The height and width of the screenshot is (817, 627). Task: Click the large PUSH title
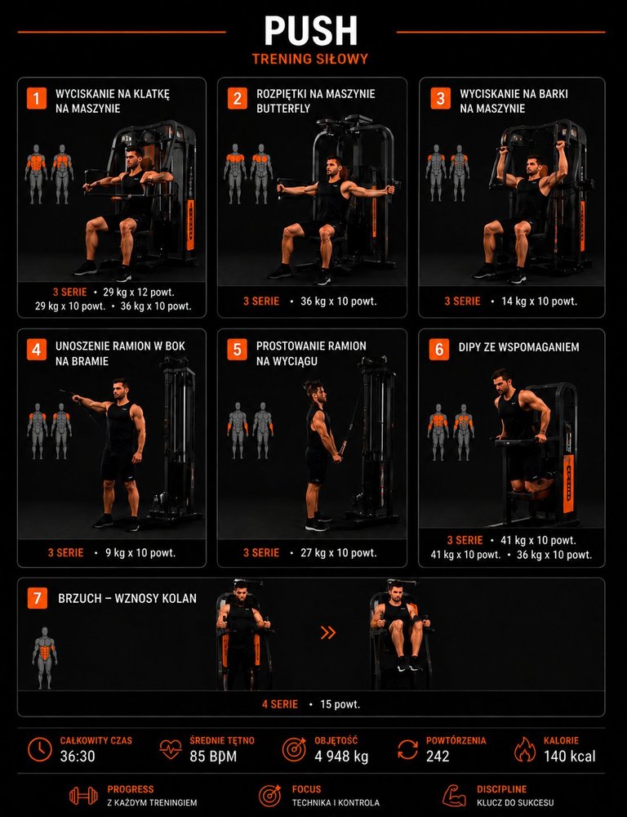pos(311,30)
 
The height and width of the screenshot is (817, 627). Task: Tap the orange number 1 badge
pos(37,99)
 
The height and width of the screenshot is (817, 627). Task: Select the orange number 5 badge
pos(237,350)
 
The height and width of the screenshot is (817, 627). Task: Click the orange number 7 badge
pos(37,599)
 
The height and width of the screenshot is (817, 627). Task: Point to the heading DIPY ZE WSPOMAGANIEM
pos(518,347)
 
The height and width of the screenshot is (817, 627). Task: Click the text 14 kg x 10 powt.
pos(539,301)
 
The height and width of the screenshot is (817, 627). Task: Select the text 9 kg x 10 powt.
pos(140,553)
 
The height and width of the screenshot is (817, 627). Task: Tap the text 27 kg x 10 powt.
pos(339,553)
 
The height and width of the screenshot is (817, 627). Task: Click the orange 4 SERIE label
pos(280,704)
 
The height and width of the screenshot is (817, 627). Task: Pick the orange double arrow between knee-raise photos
pos(328,632)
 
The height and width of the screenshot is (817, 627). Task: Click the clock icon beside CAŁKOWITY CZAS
pos(39,749)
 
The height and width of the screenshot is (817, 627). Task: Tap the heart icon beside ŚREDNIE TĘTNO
pos(171,749)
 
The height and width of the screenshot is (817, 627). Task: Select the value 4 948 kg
pos(341,757)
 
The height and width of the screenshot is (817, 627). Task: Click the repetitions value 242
pos(438,757)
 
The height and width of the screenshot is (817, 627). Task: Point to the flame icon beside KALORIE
pos(525,749)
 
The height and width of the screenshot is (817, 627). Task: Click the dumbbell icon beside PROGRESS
pos(83,796)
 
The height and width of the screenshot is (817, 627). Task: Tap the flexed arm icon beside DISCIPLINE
pos(454,796)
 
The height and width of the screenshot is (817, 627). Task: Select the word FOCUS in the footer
pos(306,789)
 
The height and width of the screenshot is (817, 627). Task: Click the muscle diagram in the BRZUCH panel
pos(45,658)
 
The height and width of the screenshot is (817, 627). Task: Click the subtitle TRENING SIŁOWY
pos(310,59)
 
